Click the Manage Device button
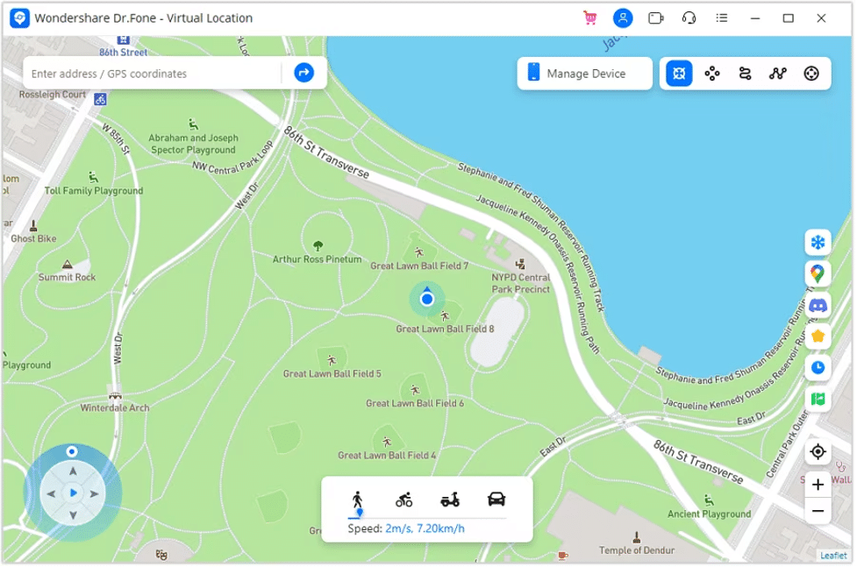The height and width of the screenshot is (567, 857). pyautogui.click(x=584, y=74)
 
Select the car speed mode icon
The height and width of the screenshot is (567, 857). pyautogui.click(x=496, y=500)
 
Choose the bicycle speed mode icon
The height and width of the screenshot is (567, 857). pyautogui.click(x=404, y=500)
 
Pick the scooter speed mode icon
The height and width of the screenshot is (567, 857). pyautogui.click(x=450, y=500)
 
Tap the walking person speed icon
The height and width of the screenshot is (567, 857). pyautogui.click(x=357, y=500)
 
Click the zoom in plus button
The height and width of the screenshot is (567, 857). pyautogui.click(x=818, y=485)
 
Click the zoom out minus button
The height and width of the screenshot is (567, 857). pyautogui.click(x=818, y=511)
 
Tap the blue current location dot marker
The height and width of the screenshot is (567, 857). pyautogui.click(x=427, y=300)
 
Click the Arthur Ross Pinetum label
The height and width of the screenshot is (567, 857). pyautogui.click(x=317, y=259)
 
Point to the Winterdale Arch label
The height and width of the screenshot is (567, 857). pyautogui.click(x=115, y=408)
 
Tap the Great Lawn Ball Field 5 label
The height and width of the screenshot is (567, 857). pyautogui.click(x=332, y=373)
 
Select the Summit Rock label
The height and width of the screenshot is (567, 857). pyautogui.click(x=67, y=277)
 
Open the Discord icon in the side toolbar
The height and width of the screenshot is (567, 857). pyautogui.click(x=818, y=306)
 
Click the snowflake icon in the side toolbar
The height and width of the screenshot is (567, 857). pyautogui.click(x=818, y=242)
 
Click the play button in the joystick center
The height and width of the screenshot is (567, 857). pyautogui.click(x=73, y=493)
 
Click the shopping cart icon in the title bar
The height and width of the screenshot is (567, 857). pyautogui.click(x=589, y=18)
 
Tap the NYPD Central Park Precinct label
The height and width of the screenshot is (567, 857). pyautogui.click(x=521, y=283)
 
